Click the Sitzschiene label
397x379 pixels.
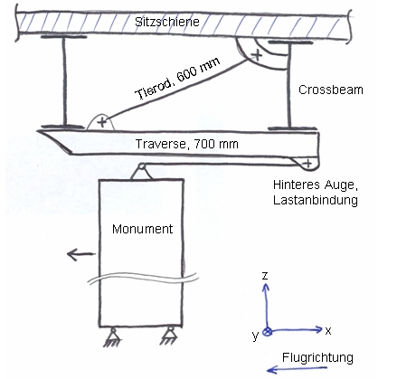tap(167, 22)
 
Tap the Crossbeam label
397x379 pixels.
tap(331, 90)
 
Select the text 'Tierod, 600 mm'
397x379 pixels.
tap(178, 79)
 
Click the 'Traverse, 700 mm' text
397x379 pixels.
tap(187, 144)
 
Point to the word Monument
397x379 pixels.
tap(142, 229)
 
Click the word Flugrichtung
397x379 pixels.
tap(317, 357)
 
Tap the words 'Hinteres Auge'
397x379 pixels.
tap(316, 185)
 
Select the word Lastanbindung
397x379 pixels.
tap(316, 200)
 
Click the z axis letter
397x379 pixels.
tap(265, 275)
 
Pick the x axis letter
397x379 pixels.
tap(328, 331)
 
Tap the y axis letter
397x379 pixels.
tap(256, 336)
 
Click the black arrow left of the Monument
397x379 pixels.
tap(80, 254)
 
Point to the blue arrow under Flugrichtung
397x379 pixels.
tap(298, 369)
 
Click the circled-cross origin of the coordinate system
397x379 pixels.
tap(267, 332)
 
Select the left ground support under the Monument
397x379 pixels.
tap(113, 337)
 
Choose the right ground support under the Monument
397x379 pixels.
tap(169, 336)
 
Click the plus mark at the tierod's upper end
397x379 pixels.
tap(257, 55)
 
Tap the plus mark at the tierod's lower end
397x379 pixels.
tap(102, 122)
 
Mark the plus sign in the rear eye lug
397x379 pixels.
tap(307, 164)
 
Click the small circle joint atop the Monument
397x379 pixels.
tap(141, 166)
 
